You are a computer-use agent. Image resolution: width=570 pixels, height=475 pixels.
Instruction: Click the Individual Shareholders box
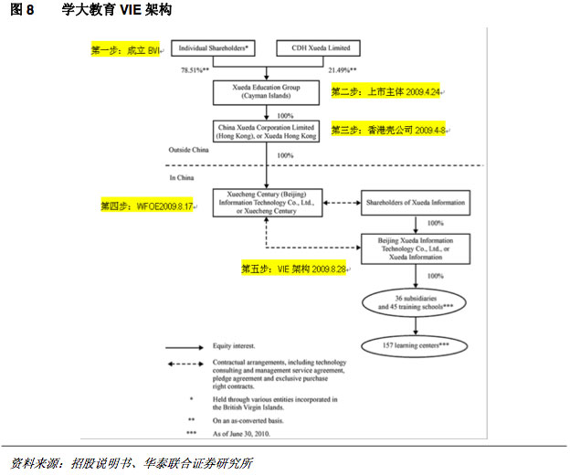coord(214,47)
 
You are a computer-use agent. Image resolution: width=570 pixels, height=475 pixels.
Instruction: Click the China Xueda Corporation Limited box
coord(265,131)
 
